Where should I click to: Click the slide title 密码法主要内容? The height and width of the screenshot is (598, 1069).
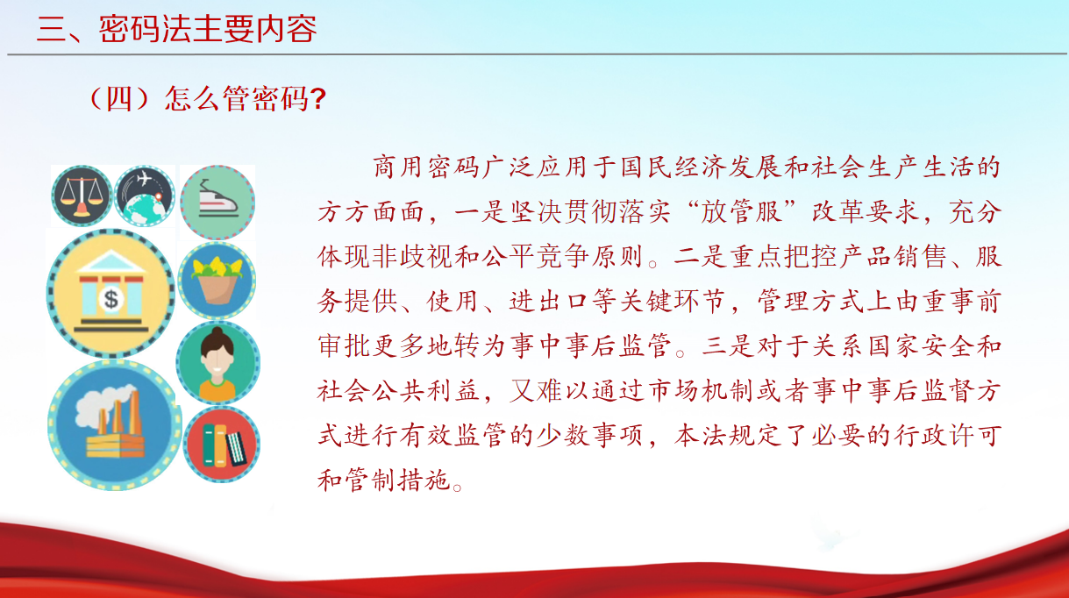pos(208,29)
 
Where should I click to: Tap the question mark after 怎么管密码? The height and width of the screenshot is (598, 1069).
pos(318,99)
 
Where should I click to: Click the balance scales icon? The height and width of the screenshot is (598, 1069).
pos(82,196)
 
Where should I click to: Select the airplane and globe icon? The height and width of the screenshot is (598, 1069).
pos(145,196)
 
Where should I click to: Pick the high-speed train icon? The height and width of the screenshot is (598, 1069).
pos(217,202)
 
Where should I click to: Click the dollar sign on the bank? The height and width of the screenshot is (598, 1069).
pos(111,299)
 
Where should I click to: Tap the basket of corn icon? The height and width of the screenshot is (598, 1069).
pos(217,281)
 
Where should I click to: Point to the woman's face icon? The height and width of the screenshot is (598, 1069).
pos(218,363)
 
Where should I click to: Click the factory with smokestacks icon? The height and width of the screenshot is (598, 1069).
pos(115,424)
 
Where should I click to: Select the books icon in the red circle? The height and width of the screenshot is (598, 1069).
pos(222,445)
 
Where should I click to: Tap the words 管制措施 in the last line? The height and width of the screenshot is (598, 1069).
pos(397,480)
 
